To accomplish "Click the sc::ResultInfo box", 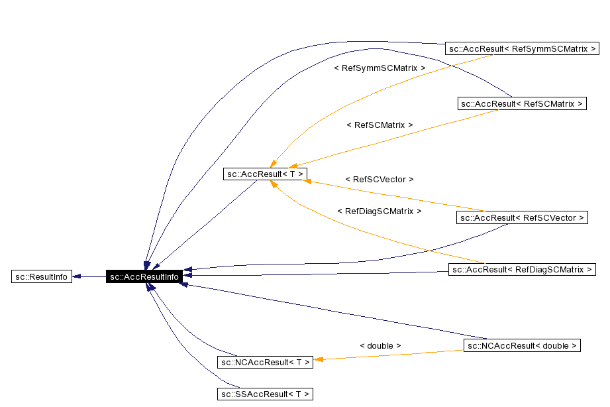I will [41, 276].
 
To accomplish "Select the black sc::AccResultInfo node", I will [144, 276].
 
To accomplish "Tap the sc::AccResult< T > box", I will [265, 174].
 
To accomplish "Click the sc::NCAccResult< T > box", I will [265, 362].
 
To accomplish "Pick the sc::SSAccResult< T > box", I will [265, 394].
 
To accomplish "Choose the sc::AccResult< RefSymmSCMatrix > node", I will [522, 48].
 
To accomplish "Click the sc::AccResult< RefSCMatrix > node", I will [522, 103].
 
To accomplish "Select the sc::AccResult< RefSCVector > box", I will [522, 217].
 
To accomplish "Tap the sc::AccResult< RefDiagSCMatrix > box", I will [522, 269].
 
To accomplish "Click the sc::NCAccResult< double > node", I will [522, 345].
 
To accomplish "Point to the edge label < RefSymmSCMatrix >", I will [380, 68].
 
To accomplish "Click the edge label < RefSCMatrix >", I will [380, 125].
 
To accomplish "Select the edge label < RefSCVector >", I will [380, 179].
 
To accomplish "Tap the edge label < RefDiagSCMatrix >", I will [380, 211].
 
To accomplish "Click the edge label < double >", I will [380, 345].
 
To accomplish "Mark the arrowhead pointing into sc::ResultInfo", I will [76, 276].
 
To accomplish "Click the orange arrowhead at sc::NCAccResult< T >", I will [317, 360].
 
